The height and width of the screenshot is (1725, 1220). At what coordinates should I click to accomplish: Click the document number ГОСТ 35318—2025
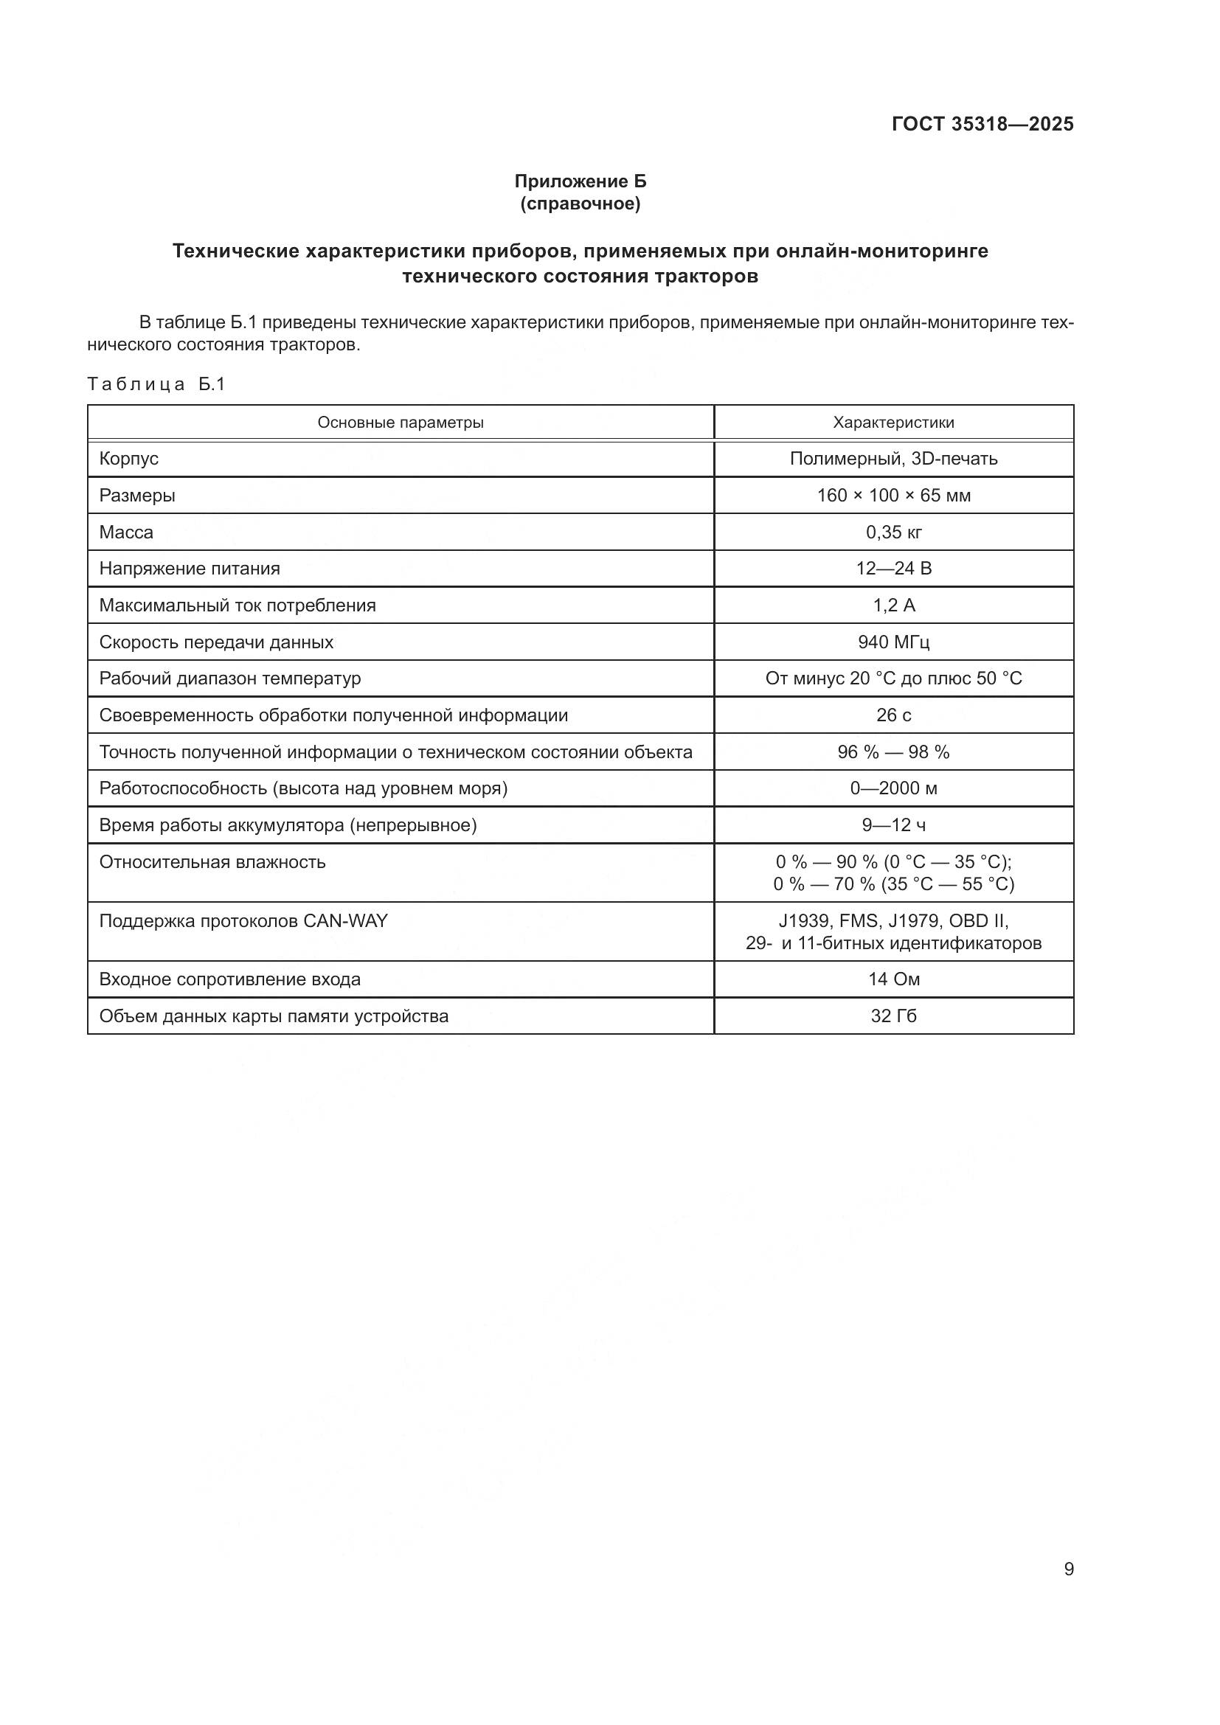coord(982,124)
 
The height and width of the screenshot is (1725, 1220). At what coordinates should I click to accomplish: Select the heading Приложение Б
coord(580,181)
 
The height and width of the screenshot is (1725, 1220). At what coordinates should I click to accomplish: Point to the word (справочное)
coord(580,204)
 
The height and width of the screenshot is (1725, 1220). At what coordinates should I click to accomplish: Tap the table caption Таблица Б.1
coord(156,385)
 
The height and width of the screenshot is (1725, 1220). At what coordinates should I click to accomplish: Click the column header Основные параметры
coord(401,423)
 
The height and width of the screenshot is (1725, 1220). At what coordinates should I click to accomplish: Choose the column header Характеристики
coord(893,423)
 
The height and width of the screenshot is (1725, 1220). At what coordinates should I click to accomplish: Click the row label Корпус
coord(128,458)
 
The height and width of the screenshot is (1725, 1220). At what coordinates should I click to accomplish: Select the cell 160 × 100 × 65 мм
coord(893,495)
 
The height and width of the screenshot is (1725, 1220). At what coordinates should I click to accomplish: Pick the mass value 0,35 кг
coord(893,532)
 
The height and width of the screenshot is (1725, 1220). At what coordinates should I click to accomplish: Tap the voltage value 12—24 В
coord(893,568)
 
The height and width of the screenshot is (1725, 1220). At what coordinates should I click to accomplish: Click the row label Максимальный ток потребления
coord(238,605)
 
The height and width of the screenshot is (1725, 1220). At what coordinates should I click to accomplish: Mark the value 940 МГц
coord(893,642)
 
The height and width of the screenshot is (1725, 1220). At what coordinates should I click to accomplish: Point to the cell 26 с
coord(893,715)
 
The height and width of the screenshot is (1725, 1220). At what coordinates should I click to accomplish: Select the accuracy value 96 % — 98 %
coord(893,752)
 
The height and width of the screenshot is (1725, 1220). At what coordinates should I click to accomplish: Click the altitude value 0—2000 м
coord(893,788)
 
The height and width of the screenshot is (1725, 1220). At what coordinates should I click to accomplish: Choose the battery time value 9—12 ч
coord(893,825)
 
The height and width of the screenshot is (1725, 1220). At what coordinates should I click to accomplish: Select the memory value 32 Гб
coord(893,1016)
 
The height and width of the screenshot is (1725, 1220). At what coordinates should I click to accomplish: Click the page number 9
coord(1068,1569)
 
